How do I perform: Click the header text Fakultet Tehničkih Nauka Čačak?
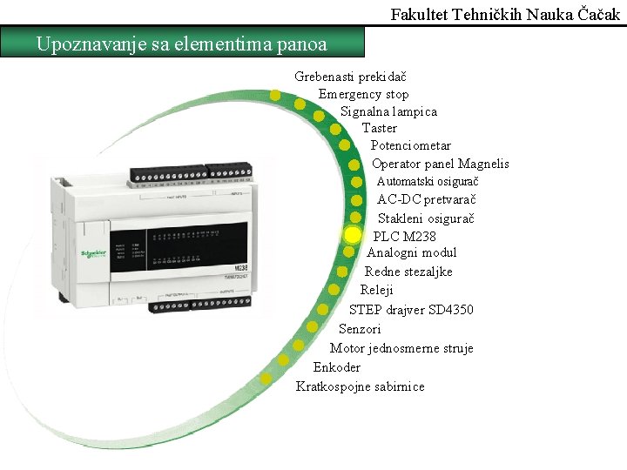(506, 15)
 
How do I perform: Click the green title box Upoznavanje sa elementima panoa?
(182, 43)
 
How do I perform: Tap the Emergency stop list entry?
(363, 94)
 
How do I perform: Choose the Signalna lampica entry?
(388, 111)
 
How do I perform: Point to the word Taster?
(380, 128)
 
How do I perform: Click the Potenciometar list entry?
(410, 145)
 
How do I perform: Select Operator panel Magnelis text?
(440, 164)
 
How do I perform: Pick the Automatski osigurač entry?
(428, 181)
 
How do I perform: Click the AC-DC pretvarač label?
(426, 199)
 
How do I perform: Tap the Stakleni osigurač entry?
(426, 218)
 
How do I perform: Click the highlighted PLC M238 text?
(405, 236)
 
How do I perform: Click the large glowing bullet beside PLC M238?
(352, 235)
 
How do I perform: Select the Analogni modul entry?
(411, 252)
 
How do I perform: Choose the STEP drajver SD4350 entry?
(411, 310)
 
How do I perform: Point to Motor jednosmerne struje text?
(401, 348)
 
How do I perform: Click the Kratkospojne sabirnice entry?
(360, 386)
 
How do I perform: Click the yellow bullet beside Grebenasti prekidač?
(275, 95)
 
